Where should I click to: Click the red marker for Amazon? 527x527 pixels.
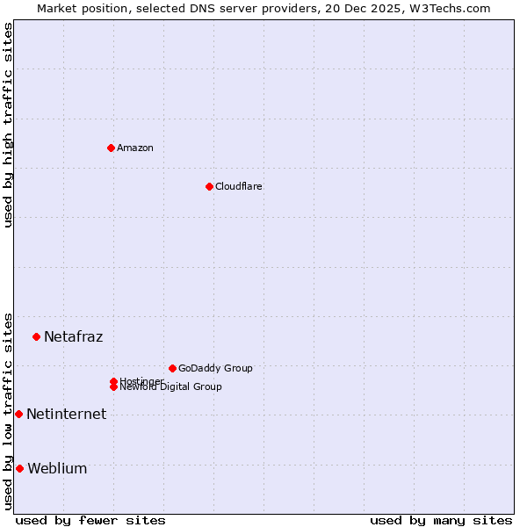(111, 148)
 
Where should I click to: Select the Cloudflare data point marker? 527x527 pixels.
(209, 186)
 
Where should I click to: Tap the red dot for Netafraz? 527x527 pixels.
(36, 336)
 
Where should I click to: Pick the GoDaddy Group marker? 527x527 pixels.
(172, 368)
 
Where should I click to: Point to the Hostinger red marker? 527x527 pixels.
(113, 381)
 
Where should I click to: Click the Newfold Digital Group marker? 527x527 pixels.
(113, 387)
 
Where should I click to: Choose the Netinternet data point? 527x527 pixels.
(18, 414)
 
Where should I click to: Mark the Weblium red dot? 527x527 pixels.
(19, 468)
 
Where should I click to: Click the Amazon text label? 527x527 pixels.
(135, 148)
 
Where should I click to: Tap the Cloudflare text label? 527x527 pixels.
(239, 186)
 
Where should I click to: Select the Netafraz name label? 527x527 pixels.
(74, 336)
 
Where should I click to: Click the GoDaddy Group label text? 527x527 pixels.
(215, 368)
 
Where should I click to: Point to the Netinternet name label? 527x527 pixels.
(67, 414)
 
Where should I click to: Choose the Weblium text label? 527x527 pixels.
(58, 468)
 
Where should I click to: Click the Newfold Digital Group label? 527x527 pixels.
(171, 387)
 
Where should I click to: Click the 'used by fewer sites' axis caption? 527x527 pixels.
(90, 520)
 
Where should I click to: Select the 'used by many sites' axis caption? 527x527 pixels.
(441, 520)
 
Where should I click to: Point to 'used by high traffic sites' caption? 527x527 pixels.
(8, 125)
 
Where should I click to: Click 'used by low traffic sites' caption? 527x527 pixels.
(8, 410)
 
